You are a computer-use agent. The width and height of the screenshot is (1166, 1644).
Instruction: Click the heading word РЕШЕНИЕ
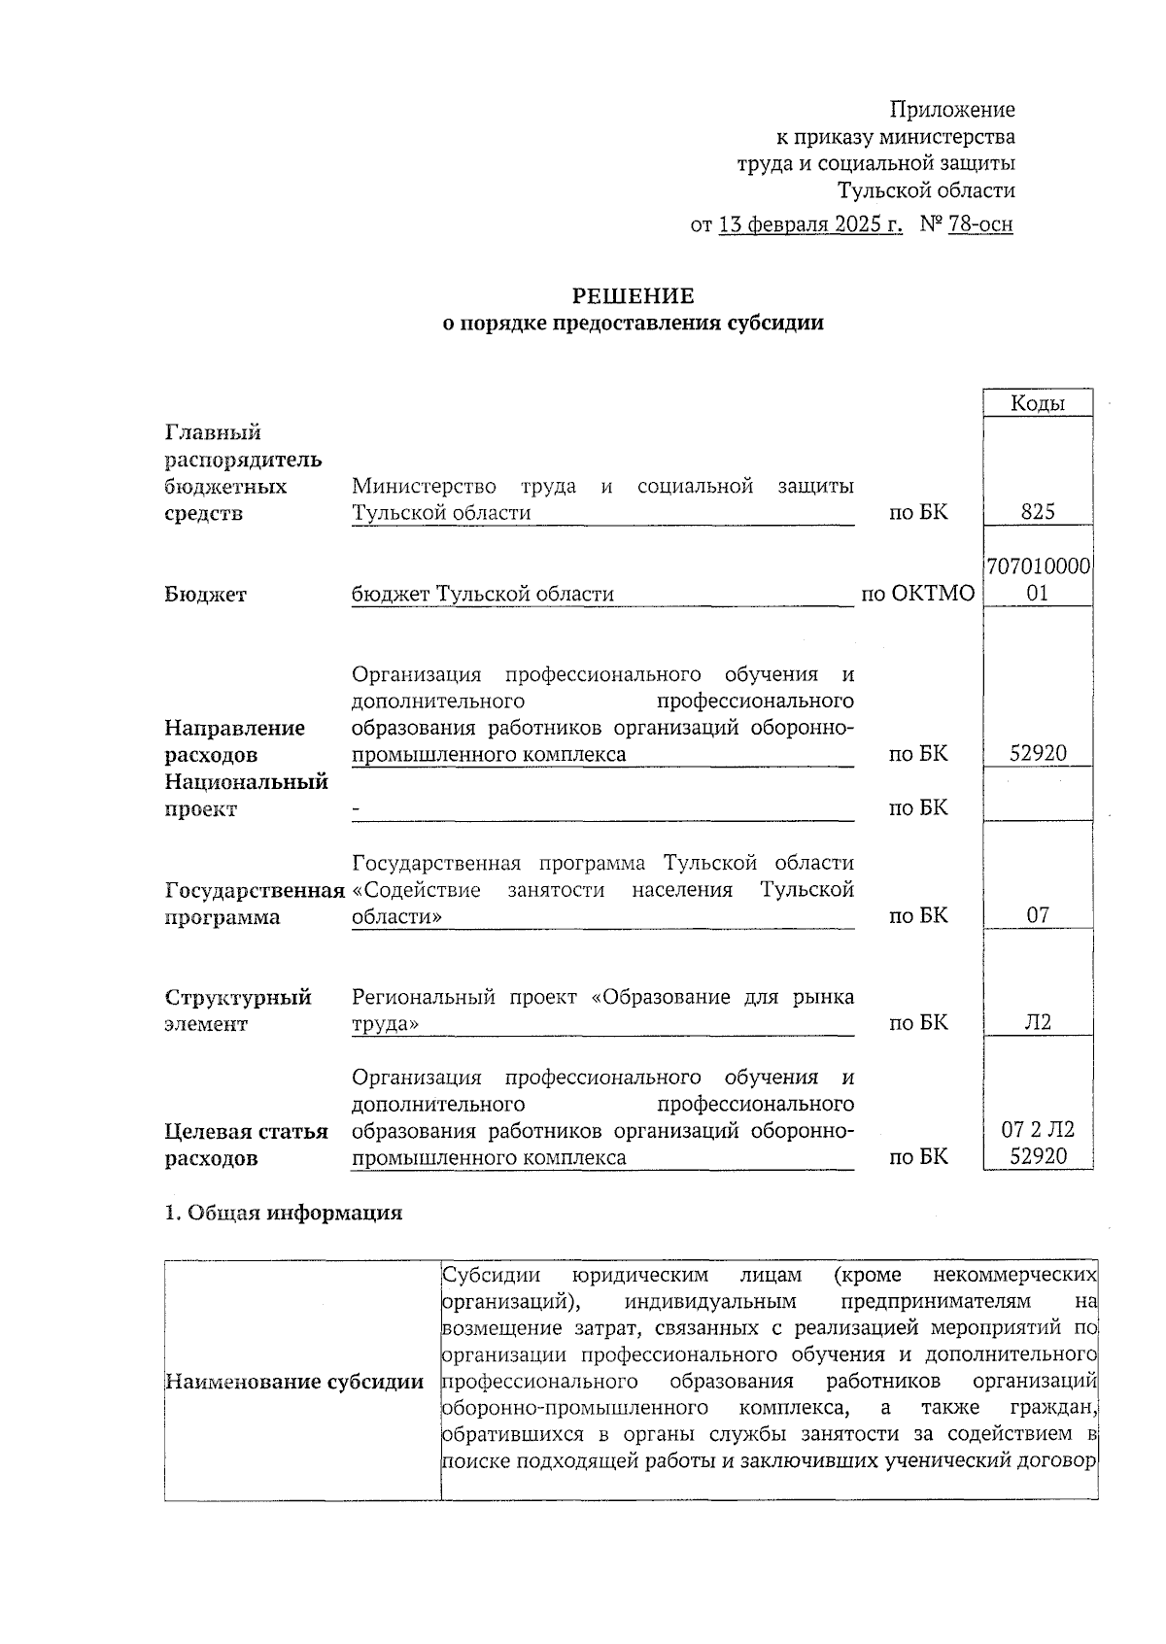click(x=632, y=295)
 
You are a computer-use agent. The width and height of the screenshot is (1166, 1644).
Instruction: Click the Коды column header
click(x=1037, y=403)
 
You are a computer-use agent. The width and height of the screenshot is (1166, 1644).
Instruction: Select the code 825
click(x=1037, y=512)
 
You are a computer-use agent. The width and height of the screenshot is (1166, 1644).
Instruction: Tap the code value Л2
click(x=1037, y=1022)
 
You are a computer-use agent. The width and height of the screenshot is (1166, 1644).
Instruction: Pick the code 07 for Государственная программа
click(x=1037, y=914)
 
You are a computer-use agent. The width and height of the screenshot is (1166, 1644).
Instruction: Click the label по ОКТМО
click(x=917, y=594)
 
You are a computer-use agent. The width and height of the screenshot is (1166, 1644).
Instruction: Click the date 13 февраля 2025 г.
click(x=809, y=224)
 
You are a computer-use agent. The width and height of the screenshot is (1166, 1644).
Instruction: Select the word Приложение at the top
click(x=952, y=110)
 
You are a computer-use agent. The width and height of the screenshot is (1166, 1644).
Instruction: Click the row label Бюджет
click(x=205, y=594)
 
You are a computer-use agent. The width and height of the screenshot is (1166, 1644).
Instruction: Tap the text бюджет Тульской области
click(x=482, y=594)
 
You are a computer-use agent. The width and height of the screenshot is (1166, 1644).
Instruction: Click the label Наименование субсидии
click(x=294, y=1382)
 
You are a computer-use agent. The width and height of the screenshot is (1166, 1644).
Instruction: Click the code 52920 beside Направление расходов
click(x=1037, y=753)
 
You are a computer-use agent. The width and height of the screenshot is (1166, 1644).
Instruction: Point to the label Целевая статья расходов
click(x=246, y=1145)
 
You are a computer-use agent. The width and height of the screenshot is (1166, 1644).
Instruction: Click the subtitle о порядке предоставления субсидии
click(x=633, y=324)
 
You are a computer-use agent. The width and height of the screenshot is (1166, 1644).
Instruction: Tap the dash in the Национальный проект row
click(x=357, y=807)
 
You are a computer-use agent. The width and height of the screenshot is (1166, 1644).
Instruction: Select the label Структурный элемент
click(x=237, y=1010)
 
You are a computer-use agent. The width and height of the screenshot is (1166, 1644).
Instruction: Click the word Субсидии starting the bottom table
click(x=490, y=1274)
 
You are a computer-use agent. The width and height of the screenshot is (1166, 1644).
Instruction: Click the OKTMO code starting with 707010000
click(x=1038, y=579)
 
